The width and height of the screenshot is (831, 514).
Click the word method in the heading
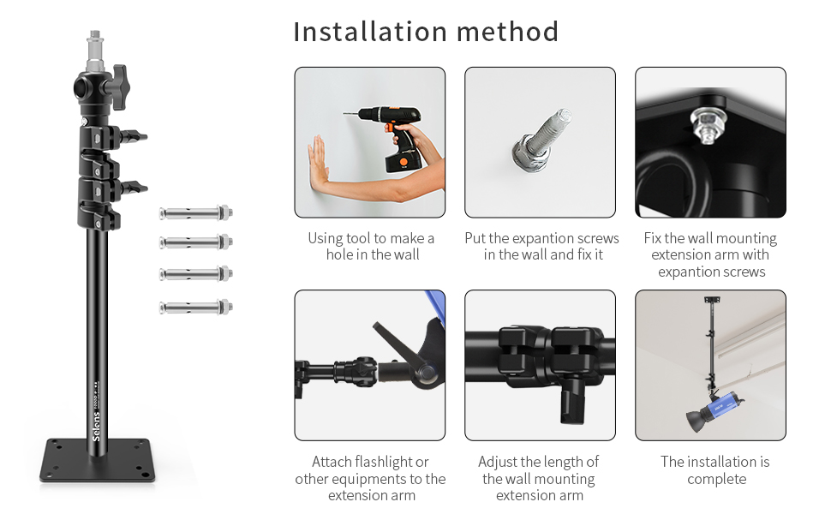point(507,31)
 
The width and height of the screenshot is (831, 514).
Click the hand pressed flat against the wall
point(318,164)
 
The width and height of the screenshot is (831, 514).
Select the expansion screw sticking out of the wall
point(541,140)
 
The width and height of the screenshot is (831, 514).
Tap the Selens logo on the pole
point(96,427)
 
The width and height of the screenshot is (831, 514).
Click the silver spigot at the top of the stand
point(94,51)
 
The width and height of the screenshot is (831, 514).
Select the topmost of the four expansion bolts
point(195,213)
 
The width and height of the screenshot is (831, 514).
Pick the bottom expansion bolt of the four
point(195,307)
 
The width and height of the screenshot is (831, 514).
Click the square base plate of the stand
point(98,460)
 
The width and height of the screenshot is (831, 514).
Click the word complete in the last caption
point(716,480)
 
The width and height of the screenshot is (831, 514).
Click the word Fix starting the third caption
point(653,238)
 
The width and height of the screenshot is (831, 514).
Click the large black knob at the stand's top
point(120,87)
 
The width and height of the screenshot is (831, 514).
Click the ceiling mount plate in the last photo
point(712,300)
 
